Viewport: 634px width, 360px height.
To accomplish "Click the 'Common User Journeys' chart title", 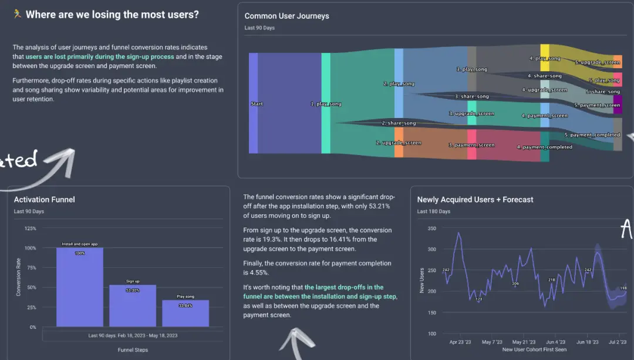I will click(x=286, y=16).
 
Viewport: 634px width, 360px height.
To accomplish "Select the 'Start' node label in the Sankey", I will click(x=257, y=104).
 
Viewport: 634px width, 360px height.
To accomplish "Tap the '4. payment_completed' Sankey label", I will click(x=544, y=147).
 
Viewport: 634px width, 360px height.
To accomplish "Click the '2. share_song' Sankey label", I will click(x=399, y=123).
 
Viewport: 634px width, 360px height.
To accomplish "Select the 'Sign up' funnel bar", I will click(x=133, y=305).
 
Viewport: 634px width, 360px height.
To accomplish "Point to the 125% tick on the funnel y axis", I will click(x=30, y=228).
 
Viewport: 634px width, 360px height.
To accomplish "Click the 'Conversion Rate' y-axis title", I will click(x=18, y=278).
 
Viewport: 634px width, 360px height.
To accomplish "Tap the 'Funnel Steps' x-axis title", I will click(x=133, y=350).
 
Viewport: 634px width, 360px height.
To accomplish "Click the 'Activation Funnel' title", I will click(x=45, y=200).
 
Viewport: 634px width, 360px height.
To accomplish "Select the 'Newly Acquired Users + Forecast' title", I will click(x=475, y=200).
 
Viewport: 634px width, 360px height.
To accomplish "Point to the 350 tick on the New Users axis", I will click(x=432, y=228).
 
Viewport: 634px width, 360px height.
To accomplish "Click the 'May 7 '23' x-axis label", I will click(x=491, y=342).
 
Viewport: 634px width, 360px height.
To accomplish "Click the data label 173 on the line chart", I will click(x=478, y=300).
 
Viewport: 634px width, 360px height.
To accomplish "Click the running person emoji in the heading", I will click(x=18, y=14).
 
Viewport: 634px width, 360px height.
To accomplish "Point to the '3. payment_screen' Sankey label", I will click(x=471, y=145).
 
